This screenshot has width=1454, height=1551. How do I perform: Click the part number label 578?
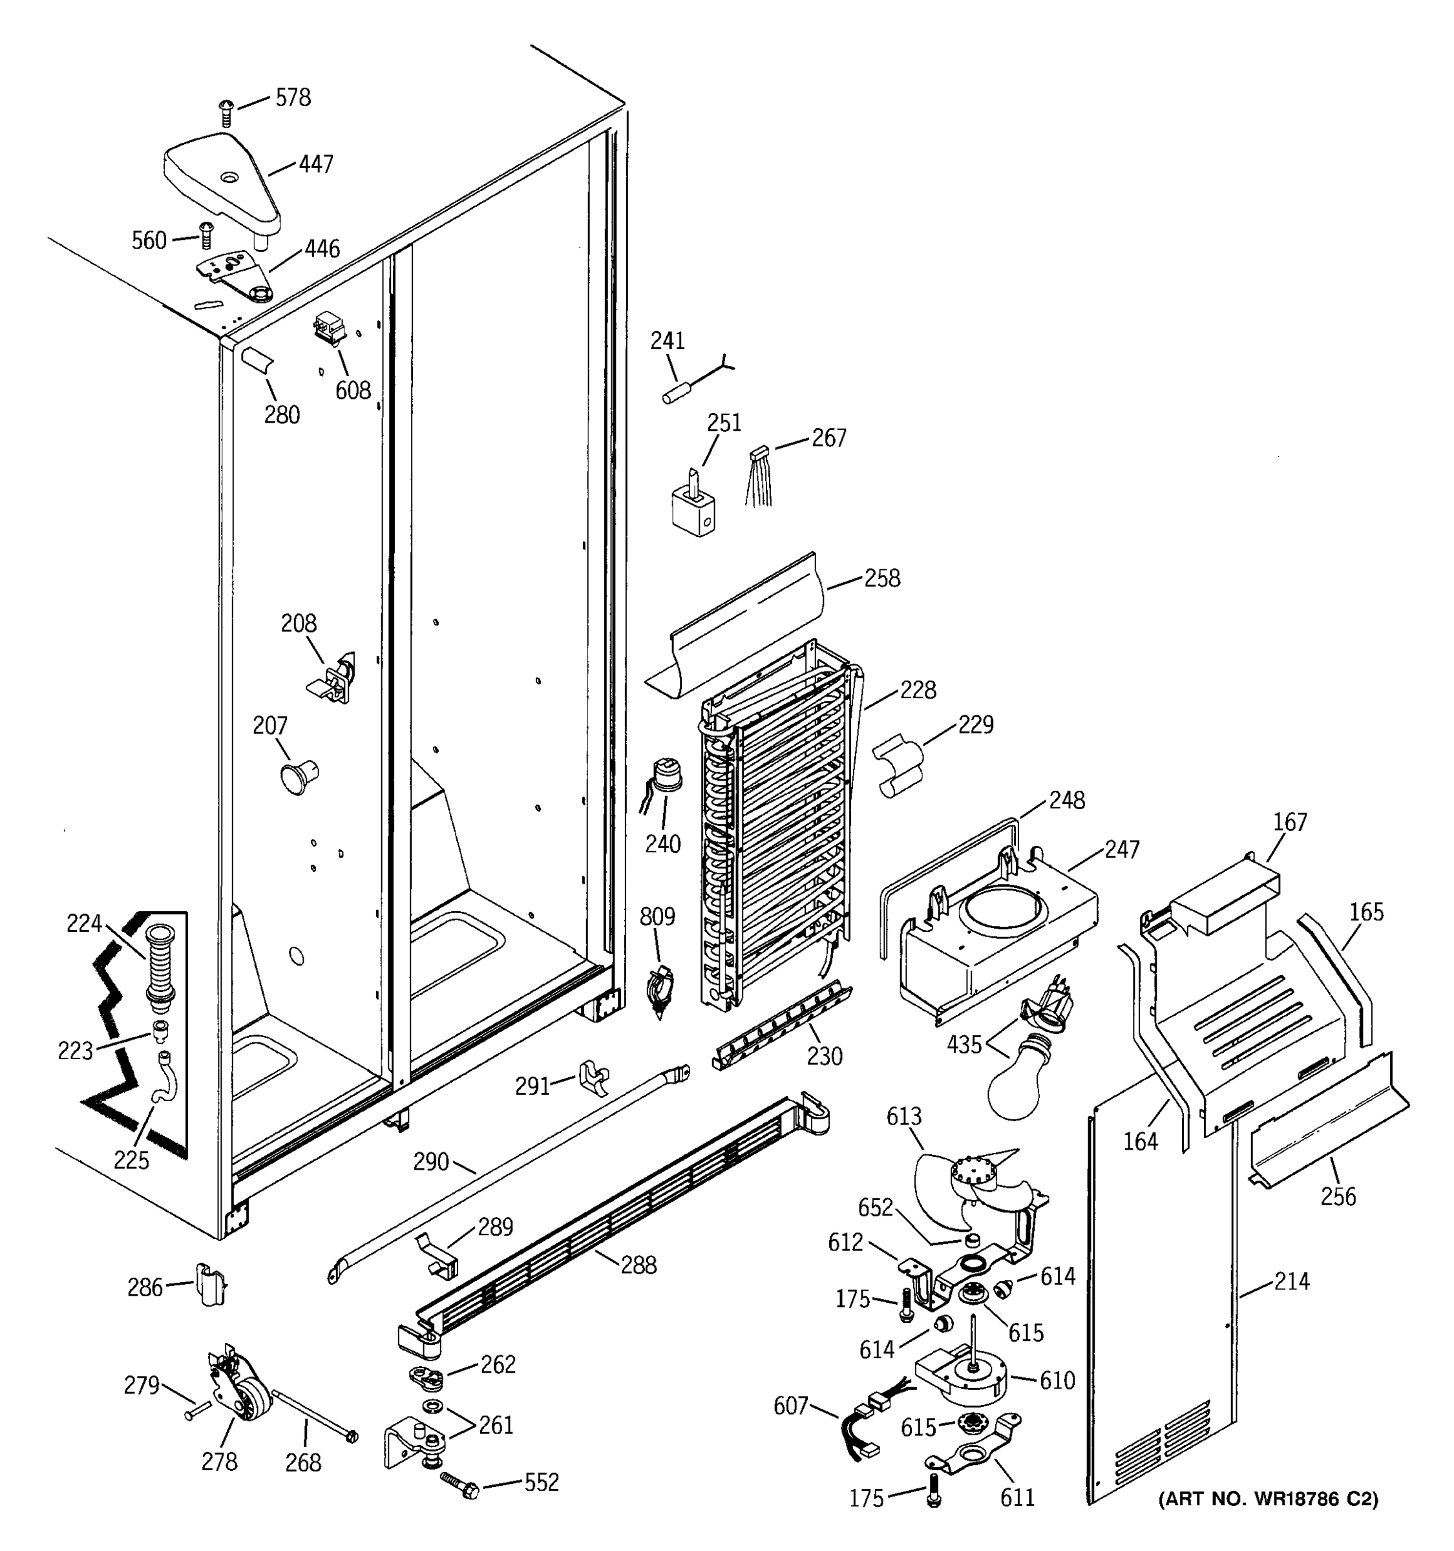click(x=293, y=98)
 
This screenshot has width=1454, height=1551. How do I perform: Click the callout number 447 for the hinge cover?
click(x=316, y=164)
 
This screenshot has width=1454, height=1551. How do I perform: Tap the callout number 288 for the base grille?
click(x=638, y=1265)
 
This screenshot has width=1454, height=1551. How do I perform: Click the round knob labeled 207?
click(x=297, y=777)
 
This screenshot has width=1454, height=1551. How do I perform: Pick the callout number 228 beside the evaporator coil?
click(x=918, y=690)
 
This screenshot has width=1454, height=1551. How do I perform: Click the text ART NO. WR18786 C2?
click(x=1268, y=1499)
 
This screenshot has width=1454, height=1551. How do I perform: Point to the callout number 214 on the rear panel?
click(x=1291, y=1280)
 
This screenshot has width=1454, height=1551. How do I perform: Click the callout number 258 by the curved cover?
click(x=881, y=578)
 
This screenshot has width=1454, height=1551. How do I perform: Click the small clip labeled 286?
click(x=211, y=1285)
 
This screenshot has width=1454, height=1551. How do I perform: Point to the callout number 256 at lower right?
click(x=1338, y=1196)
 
